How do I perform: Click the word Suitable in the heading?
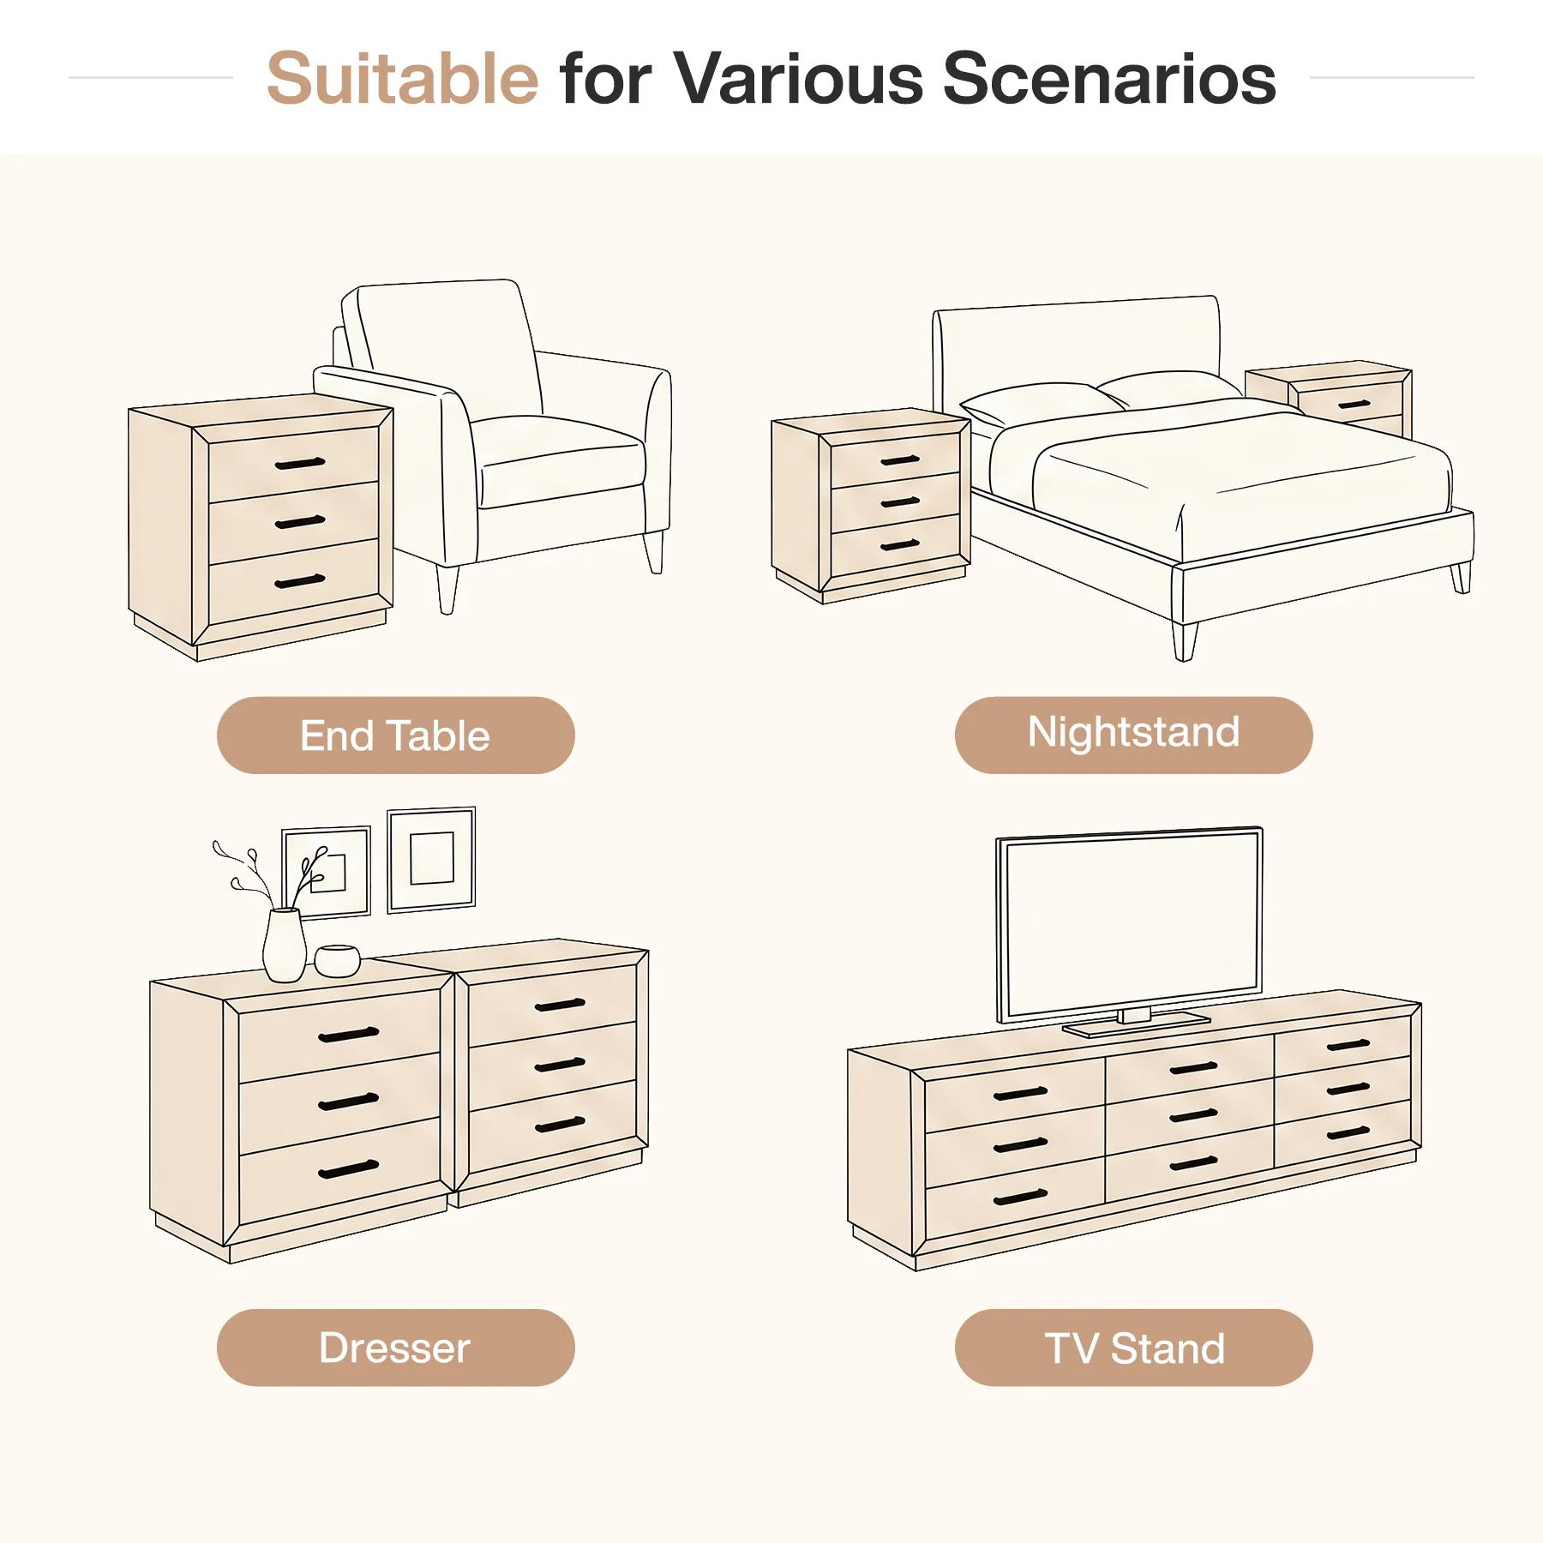[402, 78]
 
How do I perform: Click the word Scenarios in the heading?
[1109, 78]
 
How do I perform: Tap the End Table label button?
[395, 735]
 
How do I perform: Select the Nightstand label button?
[1133, 735]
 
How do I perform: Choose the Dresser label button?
[395, 1348]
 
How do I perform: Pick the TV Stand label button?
[1133, 1348]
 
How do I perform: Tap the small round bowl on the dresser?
[337, 960]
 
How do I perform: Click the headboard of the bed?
[1076, 351]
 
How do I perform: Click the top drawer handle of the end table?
[300, 464]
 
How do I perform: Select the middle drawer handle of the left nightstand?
[900, 502]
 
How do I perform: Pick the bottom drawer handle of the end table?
[300, 581]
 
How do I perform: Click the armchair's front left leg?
[447, 590]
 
